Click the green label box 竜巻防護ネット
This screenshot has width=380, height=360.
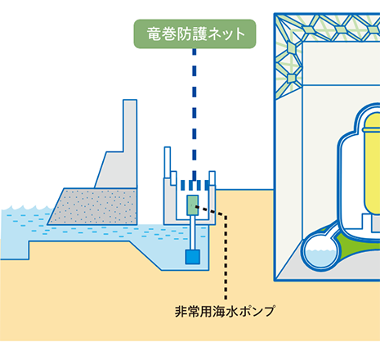(194, 34)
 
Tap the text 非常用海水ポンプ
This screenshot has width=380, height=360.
(225, 311)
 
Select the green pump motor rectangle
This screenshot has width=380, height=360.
(193, 205)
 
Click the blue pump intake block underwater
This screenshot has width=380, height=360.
(193, 257)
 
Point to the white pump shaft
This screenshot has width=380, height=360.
(193, 232)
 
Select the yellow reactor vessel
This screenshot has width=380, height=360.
(372, 164)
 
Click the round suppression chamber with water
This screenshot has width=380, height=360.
(321, 252)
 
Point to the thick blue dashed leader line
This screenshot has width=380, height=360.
(194, 115)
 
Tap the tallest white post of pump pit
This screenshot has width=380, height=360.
(168, 163)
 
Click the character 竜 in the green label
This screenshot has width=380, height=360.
(154, 34)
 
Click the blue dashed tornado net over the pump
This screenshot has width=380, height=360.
(194, 185)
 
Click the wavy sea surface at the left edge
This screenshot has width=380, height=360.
(27, 209)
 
